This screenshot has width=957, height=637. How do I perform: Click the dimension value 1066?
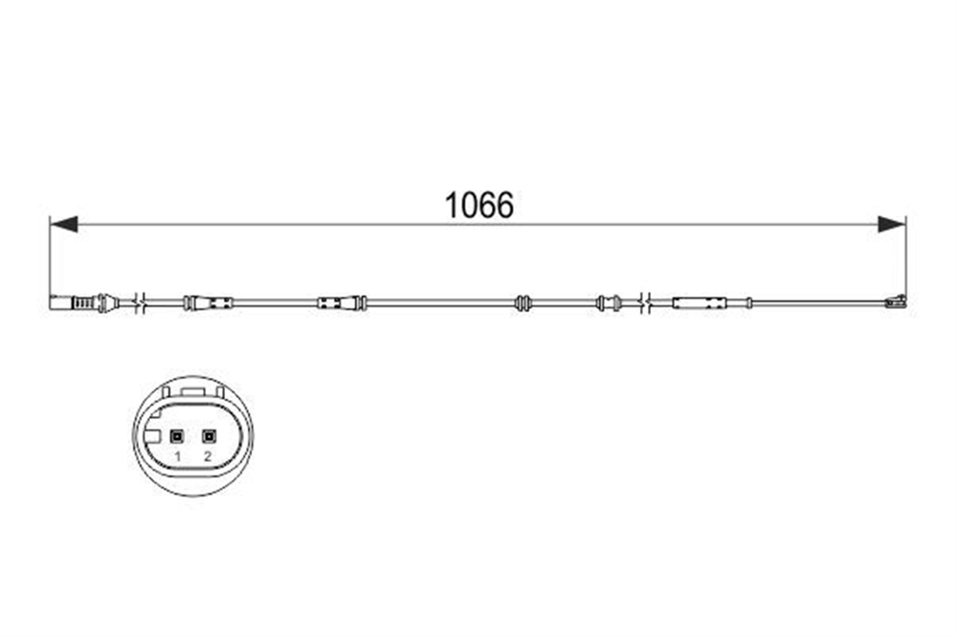coord(479,205)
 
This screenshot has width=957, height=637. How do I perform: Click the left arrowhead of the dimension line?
coord(63,224)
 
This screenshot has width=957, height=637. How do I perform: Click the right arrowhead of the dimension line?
coord(892,224)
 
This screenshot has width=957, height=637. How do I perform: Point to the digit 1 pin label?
coord(178,456)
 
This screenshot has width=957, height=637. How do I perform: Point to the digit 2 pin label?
coord(208,456)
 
